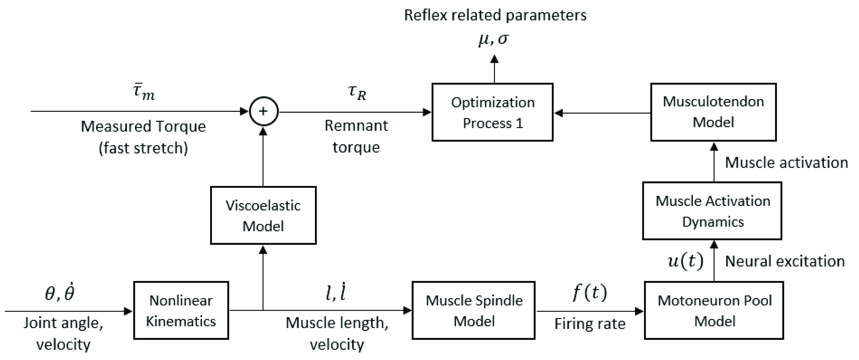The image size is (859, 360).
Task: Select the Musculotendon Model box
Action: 713,113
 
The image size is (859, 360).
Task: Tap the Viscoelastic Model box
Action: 263,216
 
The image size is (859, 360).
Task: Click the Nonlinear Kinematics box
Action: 181,311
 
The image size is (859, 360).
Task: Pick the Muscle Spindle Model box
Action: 474,311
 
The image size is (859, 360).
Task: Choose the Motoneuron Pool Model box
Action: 714,311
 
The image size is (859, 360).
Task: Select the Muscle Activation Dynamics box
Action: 712,211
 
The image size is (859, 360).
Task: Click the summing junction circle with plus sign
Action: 263,111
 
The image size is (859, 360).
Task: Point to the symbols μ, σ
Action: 494,39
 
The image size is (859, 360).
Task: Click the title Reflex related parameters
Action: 495,15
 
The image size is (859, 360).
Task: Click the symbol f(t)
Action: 590,293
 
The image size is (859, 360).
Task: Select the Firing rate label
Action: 590,324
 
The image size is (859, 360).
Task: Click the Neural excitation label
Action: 785,261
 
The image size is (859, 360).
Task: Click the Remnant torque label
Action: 356,136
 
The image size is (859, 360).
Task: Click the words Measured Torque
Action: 143,127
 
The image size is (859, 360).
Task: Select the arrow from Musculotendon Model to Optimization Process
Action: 602,113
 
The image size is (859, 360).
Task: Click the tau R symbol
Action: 357,93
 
